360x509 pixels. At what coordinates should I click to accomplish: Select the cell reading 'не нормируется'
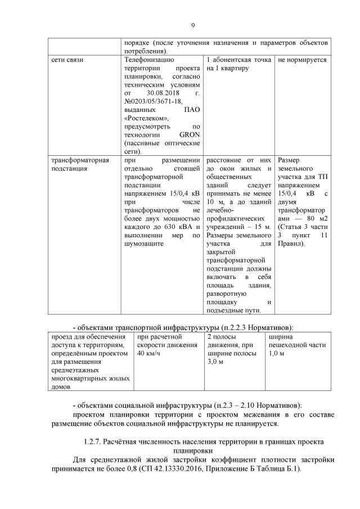tap(302, 60)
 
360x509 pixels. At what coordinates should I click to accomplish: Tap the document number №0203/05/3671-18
tap(154, 101)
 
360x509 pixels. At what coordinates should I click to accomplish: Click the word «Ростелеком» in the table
tap(147, 118)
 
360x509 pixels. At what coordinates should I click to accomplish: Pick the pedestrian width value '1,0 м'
tap(277, 353)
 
